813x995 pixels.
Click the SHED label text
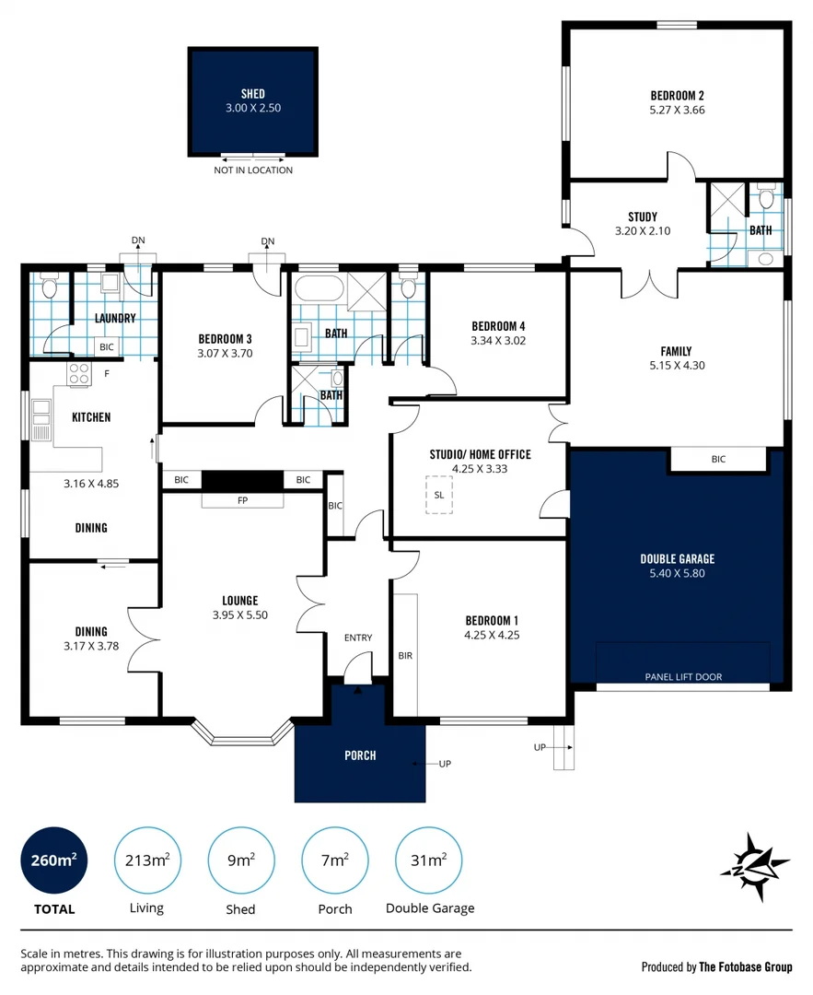(253, 94)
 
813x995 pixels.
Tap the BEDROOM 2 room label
(677, 96)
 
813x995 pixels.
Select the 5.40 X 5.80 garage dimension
(677, 573)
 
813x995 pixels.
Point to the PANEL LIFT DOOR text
(683, 677)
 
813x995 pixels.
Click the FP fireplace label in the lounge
(243, 501)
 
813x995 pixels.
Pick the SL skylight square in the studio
(438, 495)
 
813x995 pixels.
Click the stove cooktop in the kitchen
(79, 374)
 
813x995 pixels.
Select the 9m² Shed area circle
(240, 860)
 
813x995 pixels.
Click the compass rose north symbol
(754, 867)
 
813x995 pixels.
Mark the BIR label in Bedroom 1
(405, 655)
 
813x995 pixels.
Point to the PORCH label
(360, 755)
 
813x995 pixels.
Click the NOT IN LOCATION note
(253, 170)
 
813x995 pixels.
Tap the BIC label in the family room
(718, 459)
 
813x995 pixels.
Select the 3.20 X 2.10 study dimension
(642, 231)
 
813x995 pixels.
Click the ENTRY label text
(358, 638)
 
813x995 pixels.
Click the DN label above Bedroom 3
(267, 241)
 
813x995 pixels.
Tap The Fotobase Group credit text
(745, 967)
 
